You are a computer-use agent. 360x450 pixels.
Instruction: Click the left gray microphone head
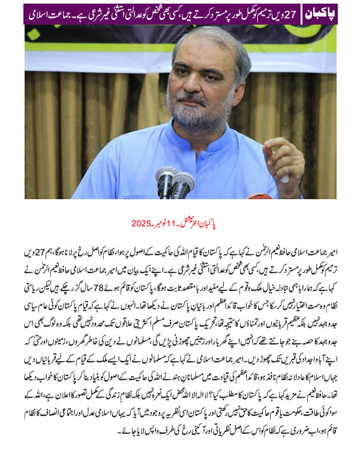pyautogui.click(x=166, y=176)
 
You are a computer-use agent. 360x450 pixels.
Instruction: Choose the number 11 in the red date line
pyautogui.click(x=178, y=223)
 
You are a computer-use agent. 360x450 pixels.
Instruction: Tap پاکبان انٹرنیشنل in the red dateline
pyautogui.click(x=209, y=223)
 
